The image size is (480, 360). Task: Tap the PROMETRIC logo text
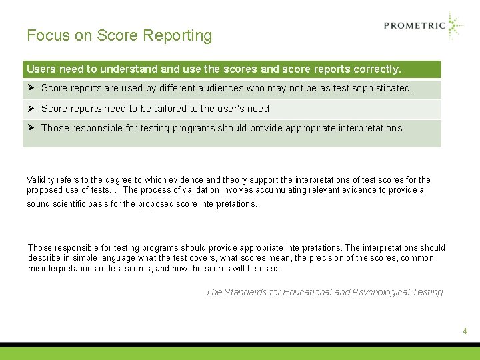(414, 26)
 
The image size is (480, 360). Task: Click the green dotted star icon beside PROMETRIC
(455, 26)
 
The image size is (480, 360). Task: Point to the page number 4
(465, 331)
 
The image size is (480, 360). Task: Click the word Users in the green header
(41, 69)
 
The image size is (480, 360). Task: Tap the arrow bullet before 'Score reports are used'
(31, 88)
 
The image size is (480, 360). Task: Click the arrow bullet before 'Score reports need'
(31, 108)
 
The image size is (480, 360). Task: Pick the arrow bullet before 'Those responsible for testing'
(31, 128)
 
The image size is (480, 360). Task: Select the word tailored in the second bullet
(159, 108)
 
